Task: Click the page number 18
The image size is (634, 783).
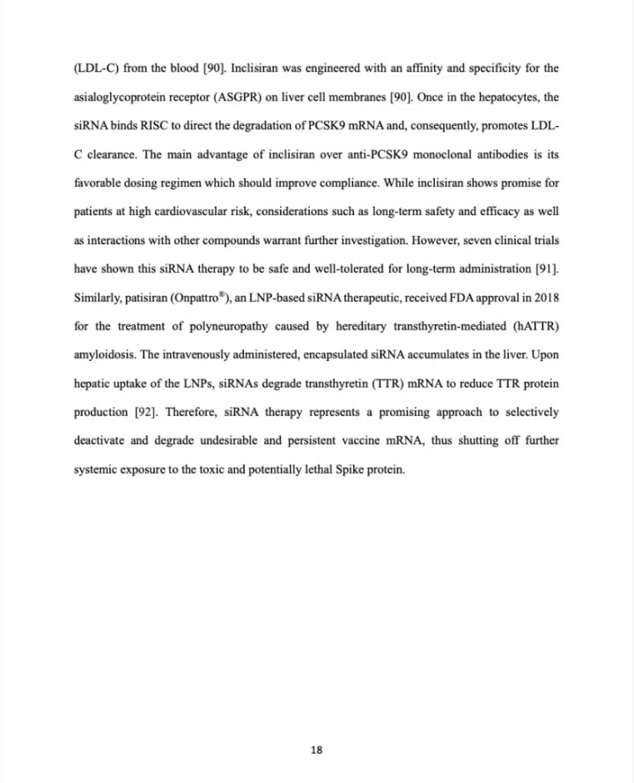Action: (317, 750)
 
